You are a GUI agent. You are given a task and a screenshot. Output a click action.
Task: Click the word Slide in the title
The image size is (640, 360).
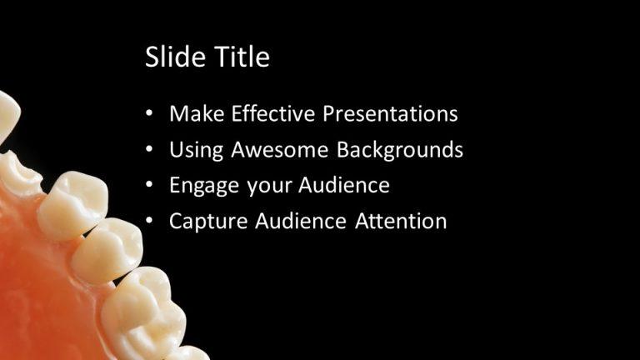(x=172, y=57)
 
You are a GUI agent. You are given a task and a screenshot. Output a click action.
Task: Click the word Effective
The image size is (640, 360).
(x=274, y=114)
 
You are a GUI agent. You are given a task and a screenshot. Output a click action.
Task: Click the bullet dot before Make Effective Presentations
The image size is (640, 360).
(x=149, y=114)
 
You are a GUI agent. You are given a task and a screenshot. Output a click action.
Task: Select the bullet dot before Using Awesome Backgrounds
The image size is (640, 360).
(x=149, y=151)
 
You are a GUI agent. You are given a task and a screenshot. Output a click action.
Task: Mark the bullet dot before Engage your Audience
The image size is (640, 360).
(x=149, y=186)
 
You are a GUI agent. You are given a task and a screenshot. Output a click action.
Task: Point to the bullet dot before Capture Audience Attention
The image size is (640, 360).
(x=149, y=222)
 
